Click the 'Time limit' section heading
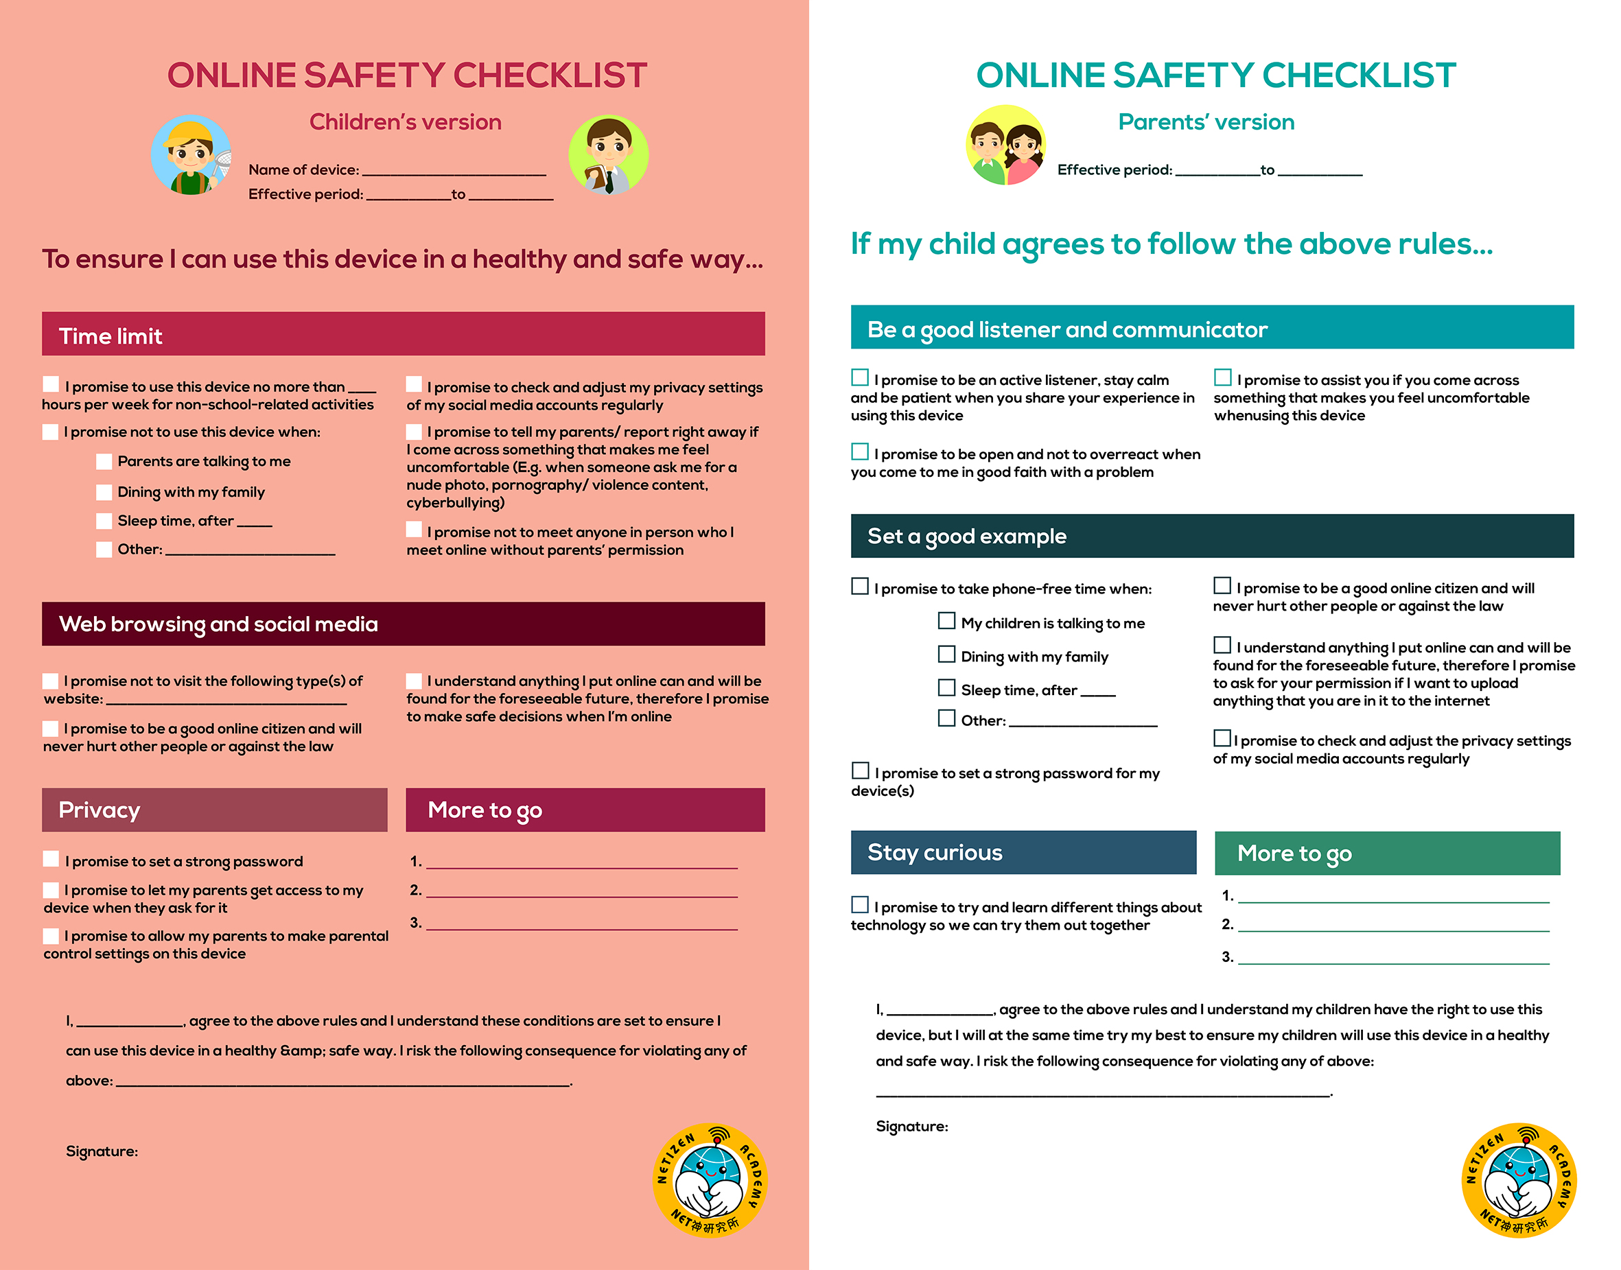point(110,336)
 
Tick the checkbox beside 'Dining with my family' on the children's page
point(104,492)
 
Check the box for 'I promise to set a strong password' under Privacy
point(51,860)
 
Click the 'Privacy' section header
point(100,810)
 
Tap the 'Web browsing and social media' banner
point(218,624)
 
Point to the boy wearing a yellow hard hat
point(191,154)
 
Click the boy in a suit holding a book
point(608,154)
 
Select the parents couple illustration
point(1005,145)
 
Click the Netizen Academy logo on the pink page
point(710,1180)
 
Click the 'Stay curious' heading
point(934,852)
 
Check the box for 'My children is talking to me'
point(946,621)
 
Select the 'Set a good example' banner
point(967,536)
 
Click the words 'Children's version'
point(405,122)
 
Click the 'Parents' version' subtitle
point(1206,122)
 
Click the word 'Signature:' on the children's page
point(102,1151)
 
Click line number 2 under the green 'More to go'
point(1392,925)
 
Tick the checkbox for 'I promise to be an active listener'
point(860,378)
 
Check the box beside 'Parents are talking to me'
point(104,462)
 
